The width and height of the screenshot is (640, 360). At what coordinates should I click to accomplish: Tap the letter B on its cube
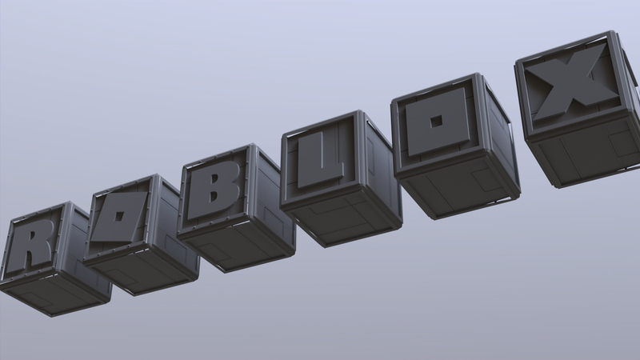click(214, 191)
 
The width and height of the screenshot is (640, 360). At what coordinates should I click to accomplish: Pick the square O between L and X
click(436, 124)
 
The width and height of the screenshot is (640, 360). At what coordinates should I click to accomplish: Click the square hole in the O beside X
click(436, 122)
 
